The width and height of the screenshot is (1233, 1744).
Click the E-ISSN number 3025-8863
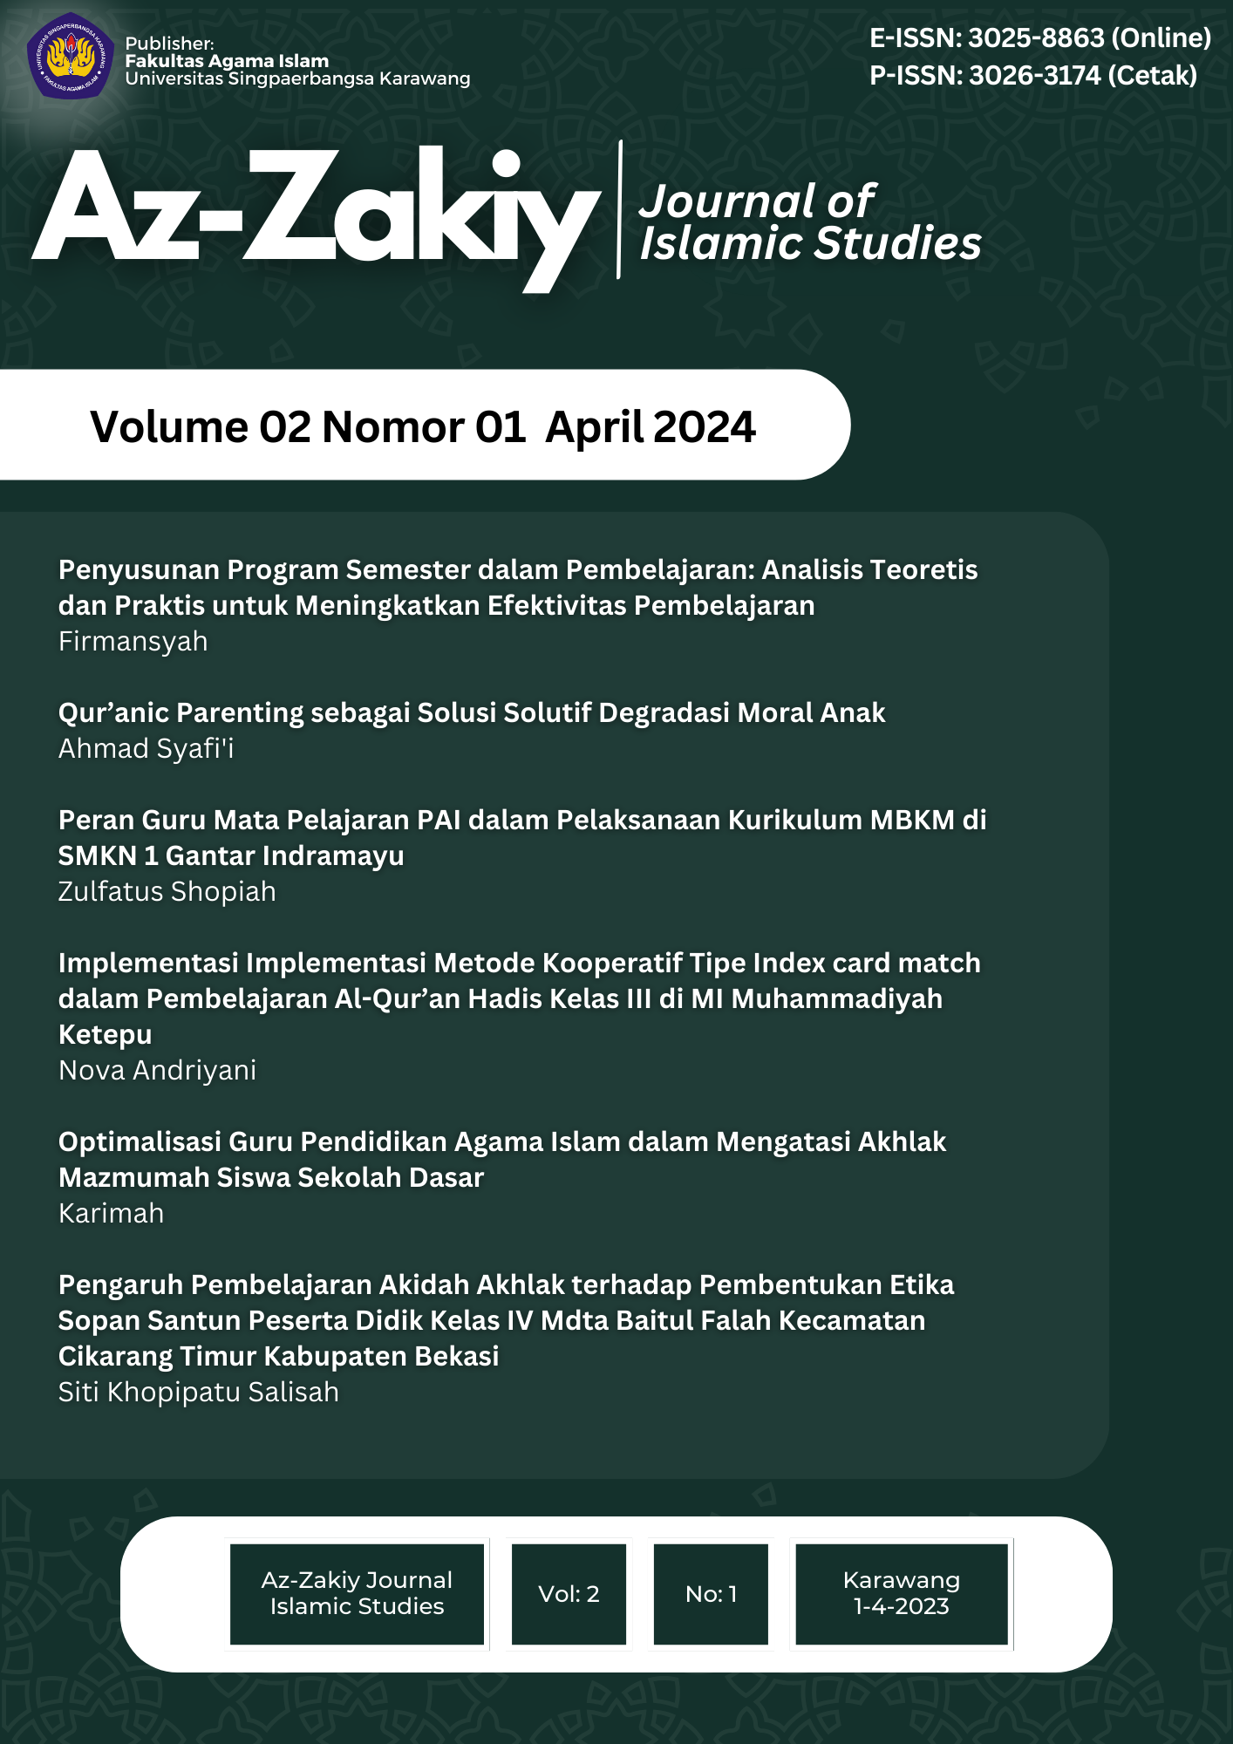pyautogui.click(x=1036, y=38)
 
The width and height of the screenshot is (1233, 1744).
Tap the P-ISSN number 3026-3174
pyautogui.click(x=1035, y=76)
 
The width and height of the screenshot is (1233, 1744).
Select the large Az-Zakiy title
pyautogui.click(x=314, y=214)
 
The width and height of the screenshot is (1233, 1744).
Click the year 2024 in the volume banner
pyautogui.click(x=704, y=427)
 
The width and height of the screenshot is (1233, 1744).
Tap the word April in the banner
pyautogui.click(x=596, y=427)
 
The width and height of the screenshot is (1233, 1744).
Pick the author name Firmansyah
pyautogui.click(x=133, y=642)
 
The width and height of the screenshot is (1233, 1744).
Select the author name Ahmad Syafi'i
pyautogui.click(x=146, y=749)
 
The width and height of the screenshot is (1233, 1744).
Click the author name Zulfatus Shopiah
pyautogui.click(x=167, y=892)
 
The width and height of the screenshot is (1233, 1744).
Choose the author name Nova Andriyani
pyautogui.click(x=157, y=1071)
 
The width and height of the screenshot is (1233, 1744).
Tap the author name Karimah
pyautogui.click(x=111, y=1214)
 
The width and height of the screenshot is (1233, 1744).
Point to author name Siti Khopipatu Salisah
pyautogui.click(x=198, y=1393)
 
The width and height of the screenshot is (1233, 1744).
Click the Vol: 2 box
pyautogui.click(x=569, y=1594)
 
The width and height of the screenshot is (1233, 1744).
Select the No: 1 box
pyautogui.click(x=711, y=1594)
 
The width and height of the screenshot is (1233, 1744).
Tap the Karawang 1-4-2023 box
pyautogui.click(x=901, y=1593)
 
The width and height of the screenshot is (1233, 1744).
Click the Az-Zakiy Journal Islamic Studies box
pyautogui.click(x=357, y=1593)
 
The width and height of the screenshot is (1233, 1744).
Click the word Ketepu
pyautogui.click(x=105, y=1035)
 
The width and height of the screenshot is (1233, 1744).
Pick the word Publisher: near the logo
pyautogui.click(x=169, y=44)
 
